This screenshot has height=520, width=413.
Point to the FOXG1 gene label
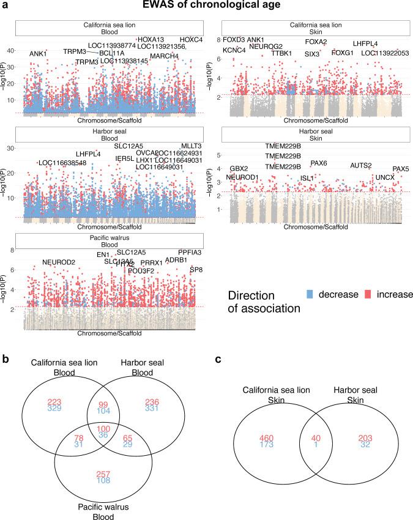[343, 53]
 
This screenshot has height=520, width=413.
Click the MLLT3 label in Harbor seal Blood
[191, 145]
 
